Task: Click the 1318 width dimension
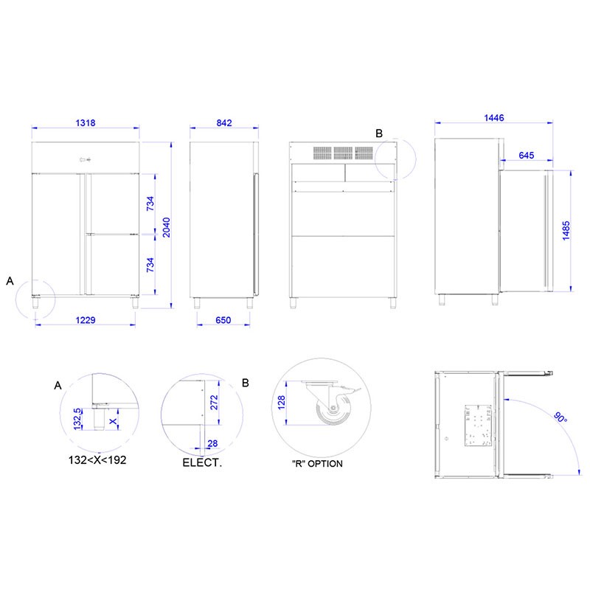pos(86,122)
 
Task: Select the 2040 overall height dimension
pos(167,227)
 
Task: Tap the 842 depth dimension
pos(224,122)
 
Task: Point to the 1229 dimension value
pos(86,320)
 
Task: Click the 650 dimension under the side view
pos(223,320)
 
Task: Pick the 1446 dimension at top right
pos(493,118)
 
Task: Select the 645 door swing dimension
pos(526,155)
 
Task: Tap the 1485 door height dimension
pos(566,230)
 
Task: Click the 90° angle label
pos(560,417)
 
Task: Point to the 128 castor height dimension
pos(281,403)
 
